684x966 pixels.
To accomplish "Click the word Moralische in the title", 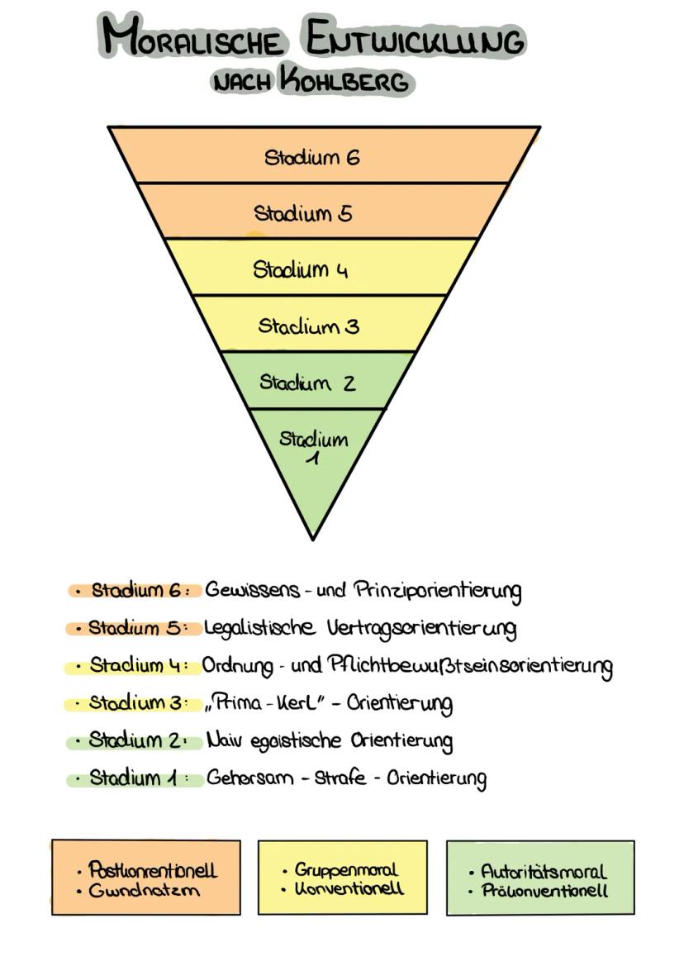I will point(196,39).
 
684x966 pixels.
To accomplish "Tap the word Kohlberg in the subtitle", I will point(344,81).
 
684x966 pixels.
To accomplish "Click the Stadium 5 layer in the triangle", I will point(322,212).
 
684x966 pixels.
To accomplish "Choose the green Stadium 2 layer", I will point(318,381).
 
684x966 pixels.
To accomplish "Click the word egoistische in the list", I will point(286,740).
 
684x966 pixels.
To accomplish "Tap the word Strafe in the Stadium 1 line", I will point(340,778).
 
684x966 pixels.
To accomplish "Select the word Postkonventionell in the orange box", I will point(153,870).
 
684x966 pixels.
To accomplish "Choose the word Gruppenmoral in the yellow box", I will point(346,870).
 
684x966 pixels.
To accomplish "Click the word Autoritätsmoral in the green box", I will point(544,872).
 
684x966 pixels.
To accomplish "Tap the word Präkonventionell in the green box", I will point(544,892).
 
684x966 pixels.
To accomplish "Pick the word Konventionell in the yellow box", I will point(349,890).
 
